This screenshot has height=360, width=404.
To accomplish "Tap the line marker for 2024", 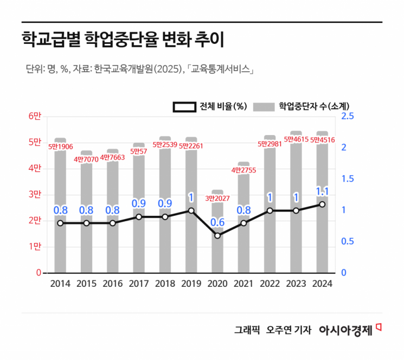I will click(322, 204).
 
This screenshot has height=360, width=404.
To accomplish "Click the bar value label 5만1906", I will click(60, 146).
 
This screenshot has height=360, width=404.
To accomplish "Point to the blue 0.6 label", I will click(217, 222).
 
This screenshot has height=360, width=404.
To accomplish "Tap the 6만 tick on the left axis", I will click(34, 117).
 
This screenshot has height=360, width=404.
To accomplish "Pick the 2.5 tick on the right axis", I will click(348, 117).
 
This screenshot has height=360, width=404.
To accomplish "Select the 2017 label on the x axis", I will click(139, 284).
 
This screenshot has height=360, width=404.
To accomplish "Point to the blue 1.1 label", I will click(322, 191).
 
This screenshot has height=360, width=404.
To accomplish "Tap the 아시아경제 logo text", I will click(345, 330).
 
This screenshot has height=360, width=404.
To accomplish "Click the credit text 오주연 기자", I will click(288, 330).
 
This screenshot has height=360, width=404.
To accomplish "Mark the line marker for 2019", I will click(191, 210).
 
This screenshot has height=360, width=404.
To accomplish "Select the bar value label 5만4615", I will click(296, 139).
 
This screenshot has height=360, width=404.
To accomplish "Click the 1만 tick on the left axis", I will click(34, 247).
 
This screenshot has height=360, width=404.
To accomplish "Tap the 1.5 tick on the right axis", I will click(348, 179).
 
